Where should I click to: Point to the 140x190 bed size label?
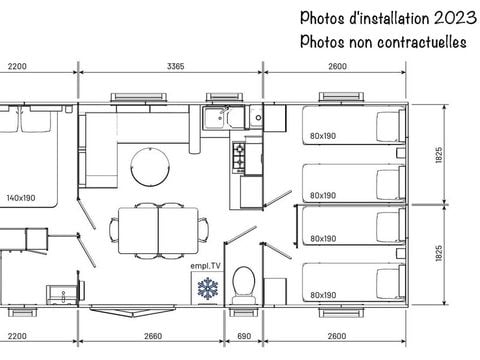point(21,198)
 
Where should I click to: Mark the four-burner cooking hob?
point(241,155)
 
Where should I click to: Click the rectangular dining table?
point(158,228)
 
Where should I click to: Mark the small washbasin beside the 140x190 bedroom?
point(63,294)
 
